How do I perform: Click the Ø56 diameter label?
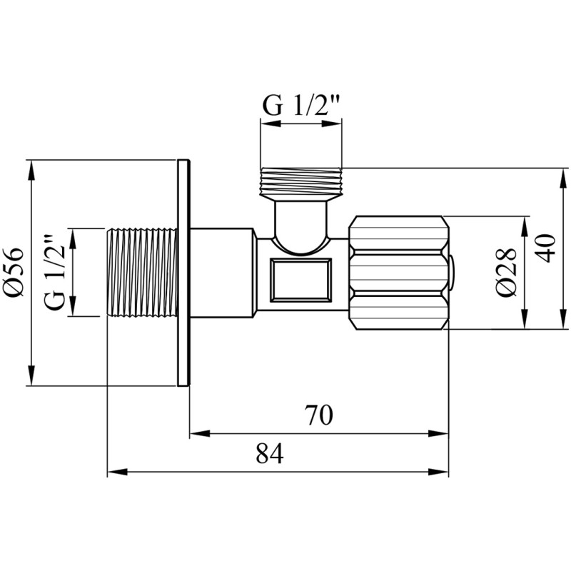tap(13, 273)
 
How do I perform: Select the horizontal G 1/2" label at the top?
tap(301, 106)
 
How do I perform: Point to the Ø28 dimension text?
tap(507, 272)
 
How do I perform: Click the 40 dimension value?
tap(546, 248)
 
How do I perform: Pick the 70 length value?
tap(318, 415)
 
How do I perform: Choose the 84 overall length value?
tap(270, 454)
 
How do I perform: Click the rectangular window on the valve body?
tap(300, 280)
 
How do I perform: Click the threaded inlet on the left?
tap(143, 273)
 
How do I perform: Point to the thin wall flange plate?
tap(183, 273)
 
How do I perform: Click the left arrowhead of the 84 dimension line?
tap(118, 472)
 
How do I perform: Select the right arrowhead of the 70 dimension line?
tap(438, 434)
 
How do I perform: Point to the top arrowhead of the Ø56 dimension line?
tap(32, 170)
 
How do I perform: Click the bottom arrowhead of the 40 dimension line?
tap(563, 318)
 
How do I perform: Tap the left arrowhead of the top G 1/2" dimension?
tap(271, 123)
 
